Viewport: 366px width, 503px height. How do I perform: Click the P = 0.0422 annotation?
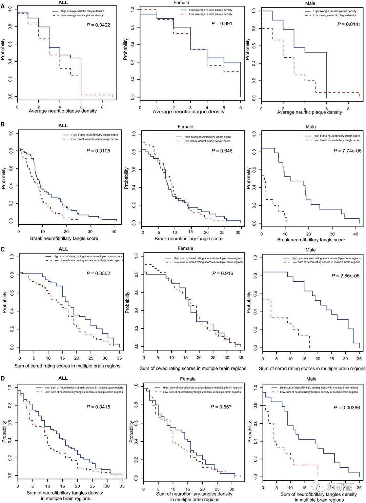[98, 25]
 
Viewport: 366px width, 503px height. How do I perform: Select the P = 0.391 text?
[222, 23]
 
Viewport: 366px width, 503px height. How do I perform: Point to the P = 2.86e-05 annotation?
[346, 276]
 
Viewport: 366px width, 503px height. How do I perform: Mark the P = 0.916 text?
[223, 273]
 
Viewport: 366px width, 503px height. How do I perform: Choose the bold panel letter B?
[3, 124]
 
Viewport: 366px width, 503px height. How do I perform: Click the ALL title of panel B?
[63, 125]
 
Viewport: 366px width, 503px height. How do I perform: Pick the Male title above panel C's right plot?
[310, 250]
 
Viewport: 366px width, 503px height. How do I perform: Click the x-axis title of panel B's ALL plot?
[64, 238]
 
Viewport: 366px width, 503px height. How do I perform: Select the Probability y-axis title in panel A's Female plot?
[126, 49]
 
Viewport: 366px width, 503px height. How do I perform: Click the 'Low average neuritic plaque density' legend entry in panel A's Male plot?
[334, 15]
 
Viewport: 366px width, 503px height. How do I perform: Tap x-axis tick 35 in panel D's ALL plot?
[122, 486]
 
